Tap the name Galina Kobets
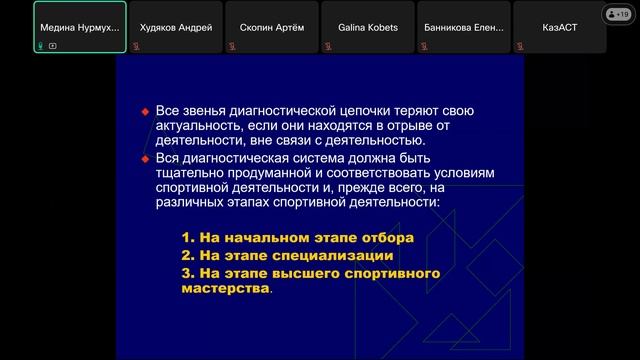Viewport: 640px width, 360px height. click(360, 27)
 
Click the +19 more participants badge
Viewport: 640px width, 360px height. click(618, 14)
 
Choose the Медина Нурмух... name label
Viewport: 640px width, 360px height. click(79, 27)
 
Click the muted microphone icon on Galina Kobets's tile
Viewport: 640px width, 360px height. click(331, 45)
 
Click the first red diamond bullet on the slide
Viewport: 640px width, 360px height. click(145, 110)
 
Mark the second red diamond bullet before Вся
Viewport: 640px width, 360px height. click(145, 158)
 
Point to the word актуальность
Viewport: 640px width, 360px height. click(198, 126)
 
